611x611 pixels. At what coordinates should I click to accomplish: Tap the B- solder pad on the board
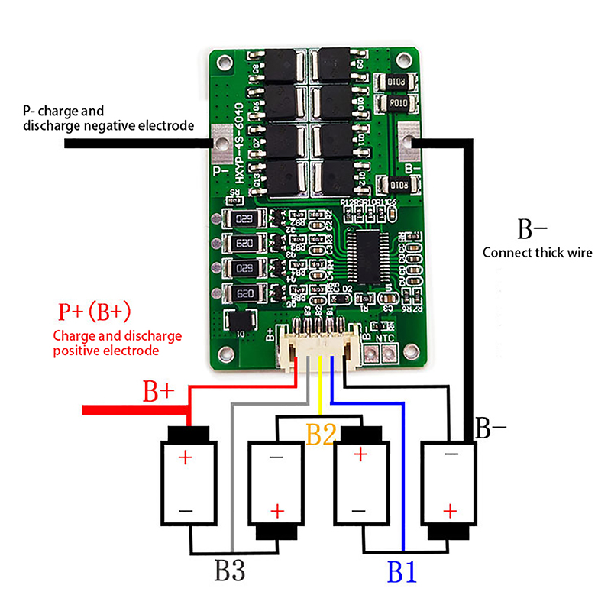click(x=409, y=141)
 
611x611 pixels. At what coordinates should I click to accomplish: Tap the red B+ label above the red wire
click(x=160, y=393)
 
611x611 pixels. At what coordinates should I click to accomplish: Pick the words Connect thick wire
click(x=538, y=253)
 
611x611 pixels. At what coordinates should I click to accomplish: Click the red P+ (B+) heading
click(x=95, y=312)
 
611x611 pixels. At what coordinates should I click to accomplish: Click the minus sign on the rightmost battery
click(x=451, y=455)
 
